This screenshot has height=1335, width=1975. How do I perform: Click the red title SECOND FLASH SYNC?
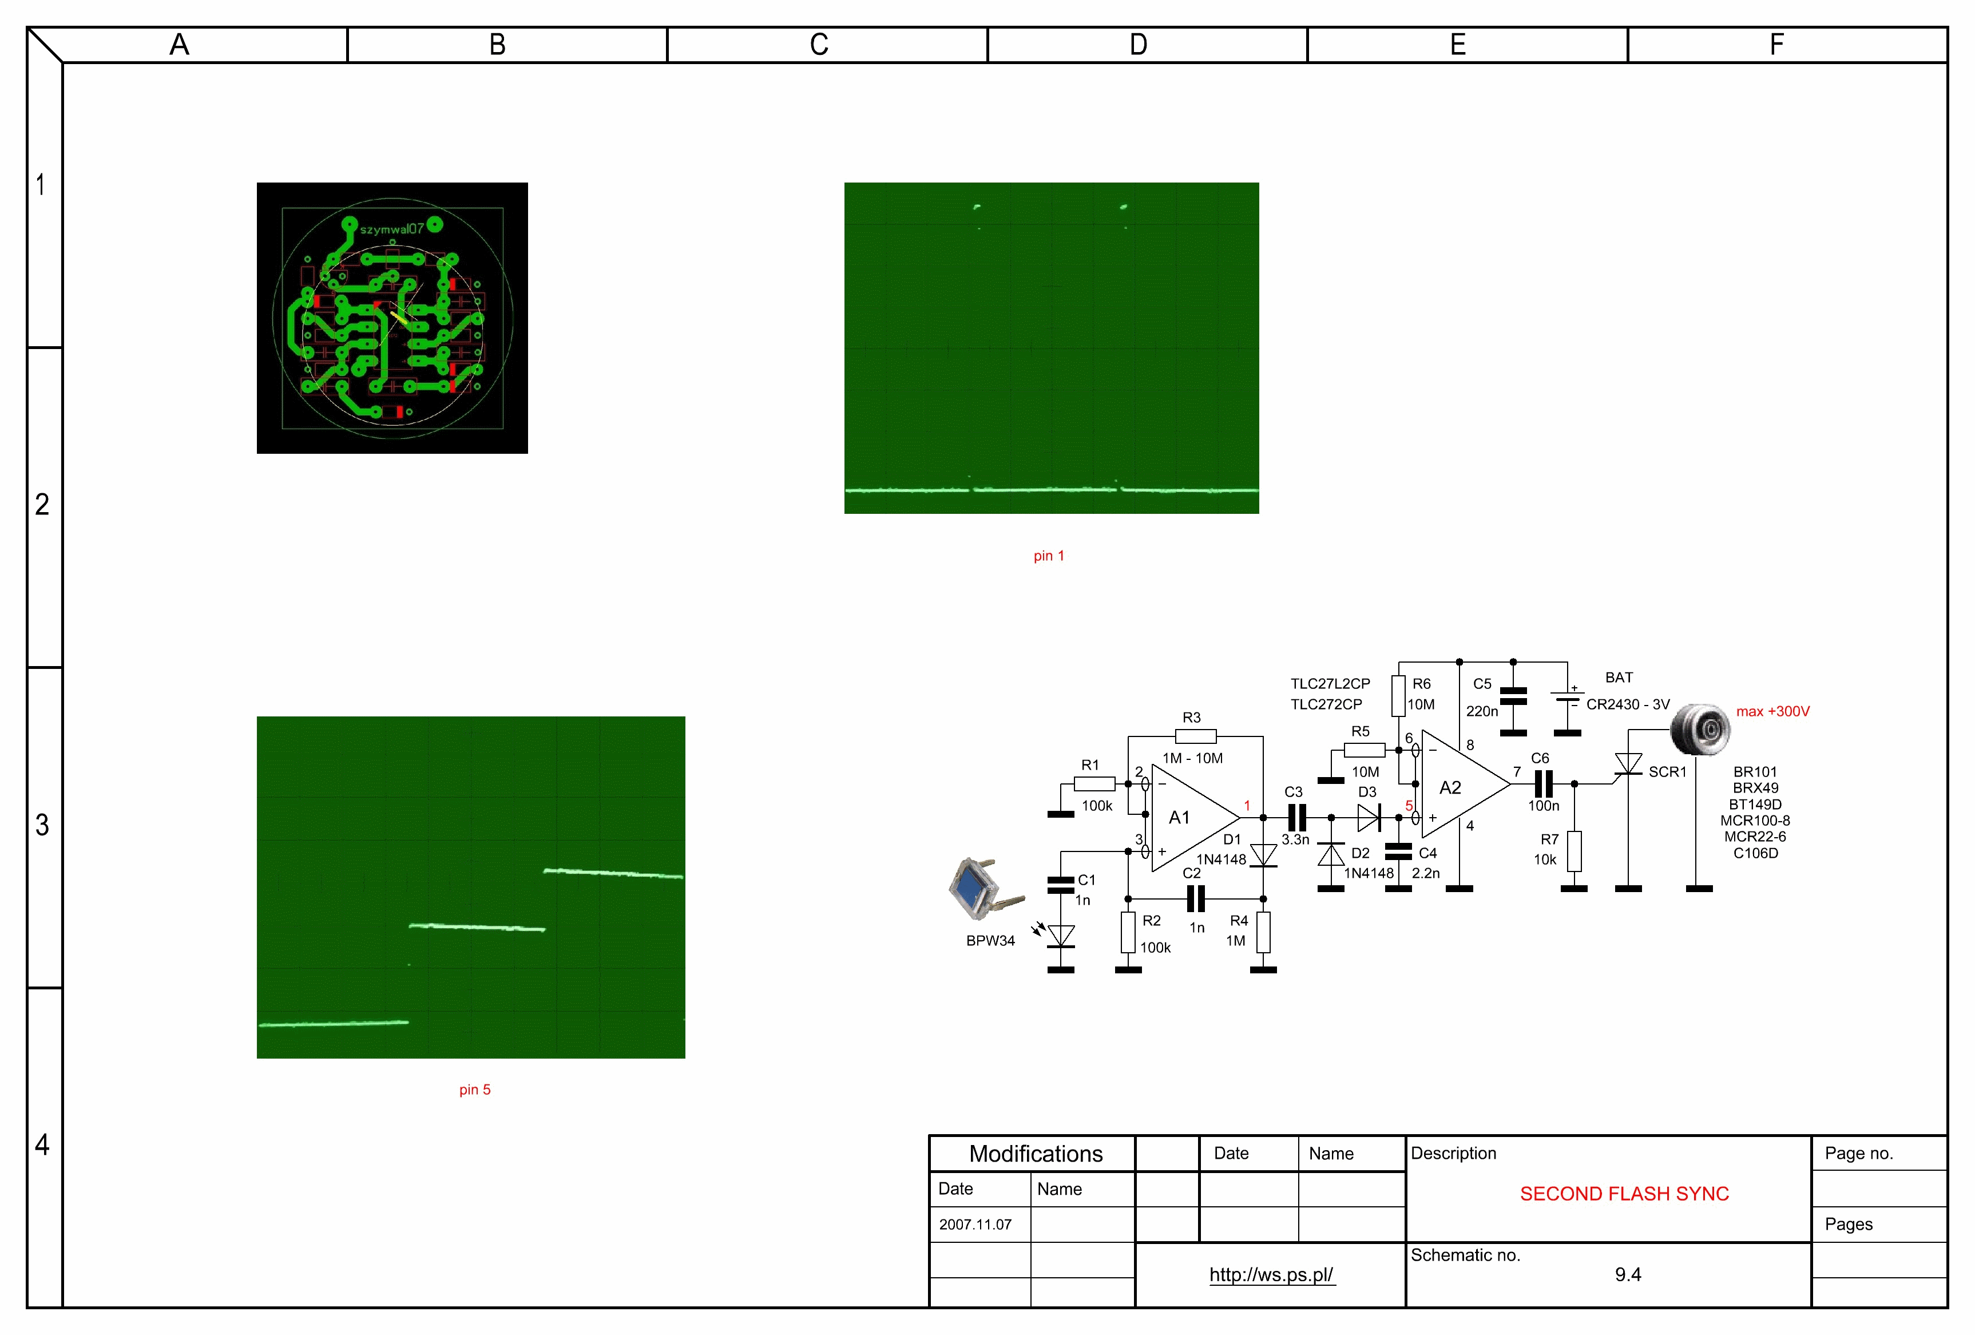[1624, 1194]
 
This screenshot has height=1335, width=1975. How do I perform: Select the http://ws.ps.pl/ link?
[1271, 1275]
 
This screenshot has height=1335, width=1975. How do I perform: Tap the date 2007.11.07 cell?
[975, 1225]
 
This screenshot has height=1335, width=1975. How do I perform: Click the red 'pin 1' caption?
[1049, 556]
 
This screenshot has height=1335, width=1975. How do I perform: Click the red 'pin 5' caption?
[475, 1090]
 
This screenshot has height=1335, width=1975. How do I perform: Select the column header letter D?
[1138, 44]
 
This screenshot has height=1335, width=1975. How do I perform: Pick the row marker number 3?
[42, 824]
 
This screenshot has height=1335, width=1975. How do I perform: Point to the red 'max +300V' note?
[1772, 711]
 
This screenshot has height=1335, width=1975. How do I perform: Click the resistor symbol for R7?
[1574, 851]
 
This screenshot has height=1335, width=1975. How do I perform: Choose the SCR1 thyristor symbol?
[1627, 765]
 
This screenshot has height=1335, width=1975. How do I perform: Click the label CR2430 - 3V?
[1627, 704]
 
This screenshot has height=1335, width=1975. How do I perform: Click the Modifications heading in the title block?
[1036, 1154]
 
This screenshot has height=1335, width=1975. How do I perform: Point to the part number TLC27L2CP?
[1330, 683]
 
